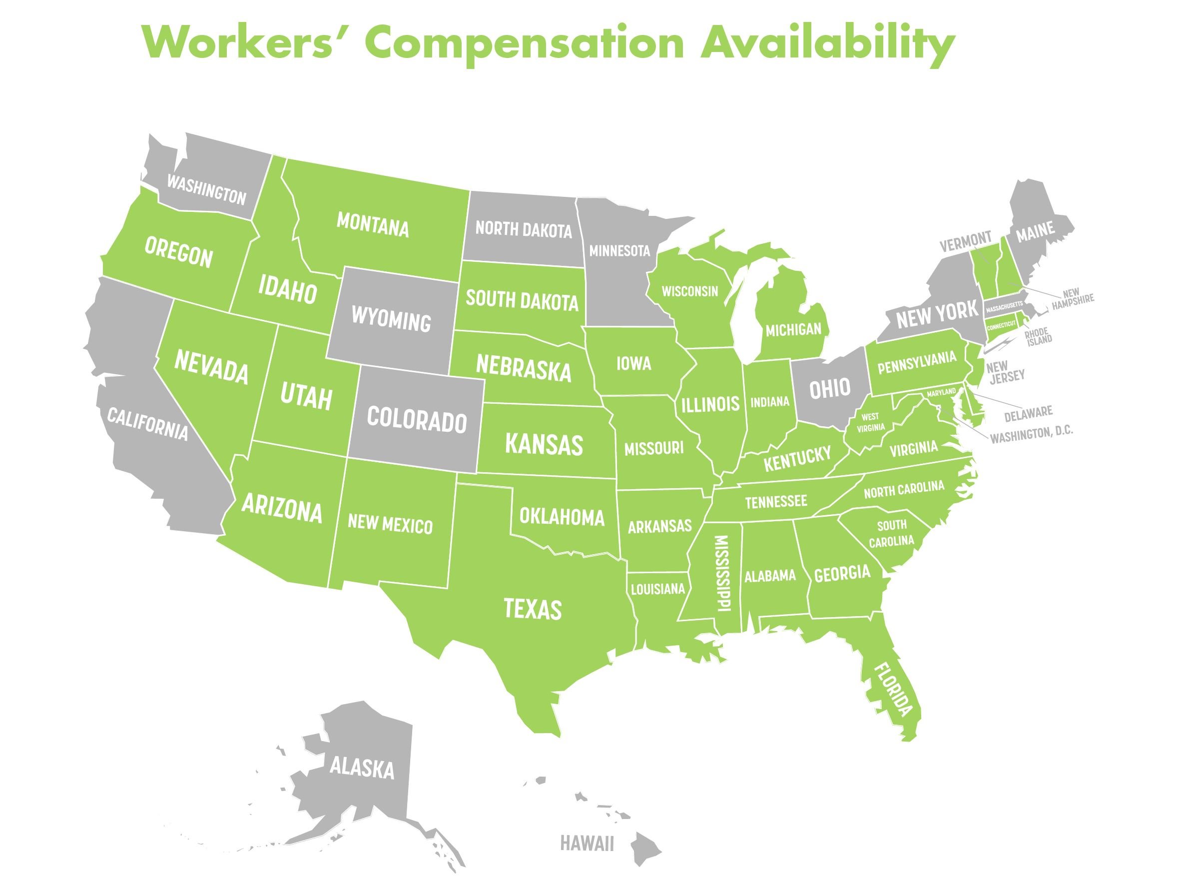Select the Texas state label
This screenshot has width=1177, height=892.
click(x=532, y=609)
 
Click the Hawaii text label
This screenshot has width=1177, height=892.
click(x=587, y=844)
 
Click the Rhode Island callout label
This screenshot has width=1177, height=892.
click(x=1038, y=337)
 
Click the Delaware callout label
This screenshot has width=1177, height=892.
click(x=1028, y=411)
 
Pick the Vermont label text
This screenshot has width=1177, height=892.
click(x=965, y=241)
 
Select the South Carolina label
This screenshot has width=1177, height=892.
click(x=892, y=533)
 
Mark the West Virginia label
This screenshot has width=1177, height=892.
click(x=871, y=422)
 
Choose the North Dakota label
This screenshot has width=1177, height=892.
click(x=523, y=230)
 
